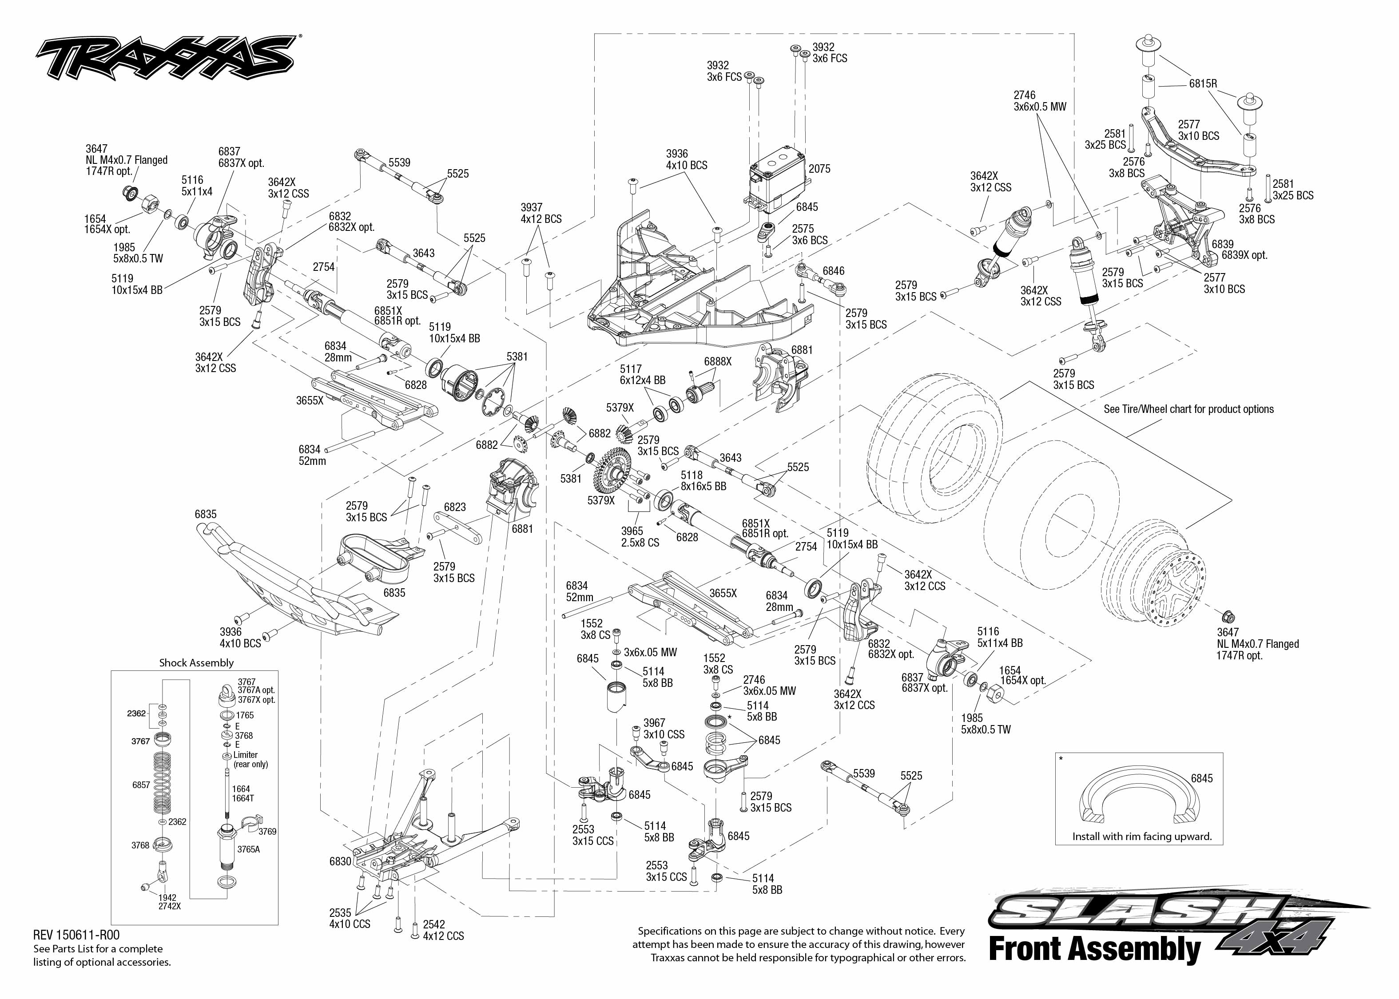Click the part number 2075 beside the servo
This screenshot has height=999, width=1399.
click(819, 169)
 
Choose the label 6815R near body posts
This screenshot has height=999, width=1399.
click(1203, 83)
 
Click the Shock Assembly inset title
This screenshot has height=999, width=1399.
click(196, 662)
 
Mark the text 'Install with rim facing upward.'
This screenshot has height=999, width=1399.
click(1142, 836)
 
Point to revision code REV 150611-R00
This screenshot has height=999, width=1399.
click(76, 935)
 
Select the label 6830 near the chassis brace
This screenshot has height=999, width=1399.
click(340, 861)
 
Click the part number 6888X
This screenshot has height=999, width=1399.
click(718, 362)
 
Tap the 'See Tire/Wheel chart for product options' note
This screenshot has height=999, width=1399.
click(1188, 409)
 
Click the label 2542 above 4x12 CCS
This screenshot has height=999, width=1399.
click(434, 924)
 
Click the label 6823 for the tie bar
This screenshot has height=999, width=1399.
click(455, 507)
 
